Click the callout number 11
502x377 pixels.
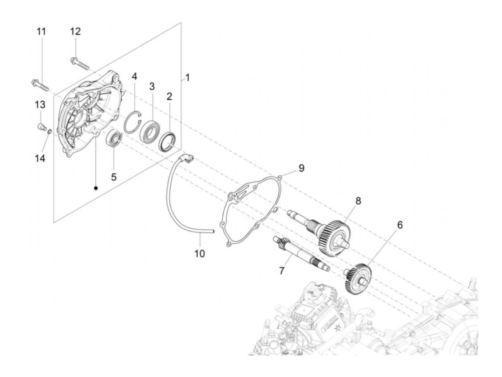point(42,31)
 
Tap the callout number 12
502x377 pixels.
point(75,31)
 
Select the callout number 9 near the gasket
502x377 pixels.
point(301,167)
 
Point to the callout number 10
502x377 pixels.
point(199,254)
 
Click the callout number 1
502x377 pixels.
point(187,77)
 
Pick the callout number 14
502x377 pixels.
point(40,158)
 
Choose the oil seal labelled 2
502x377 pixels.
point(167,142)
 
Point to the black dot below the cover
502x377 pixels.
point(96,188)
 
